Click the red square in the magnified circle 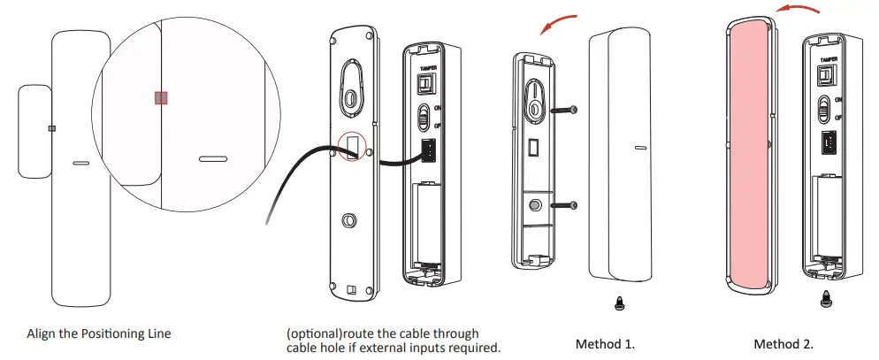[161, 98]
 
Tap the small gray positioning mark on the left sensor [52, 128]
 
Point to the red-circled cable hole [353, 146]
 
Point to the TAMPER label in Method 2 [829, 60]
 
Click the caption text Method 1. [605, 343]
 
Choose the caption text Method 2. [783, 343]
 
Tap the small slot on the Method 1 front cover [639, 149]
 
